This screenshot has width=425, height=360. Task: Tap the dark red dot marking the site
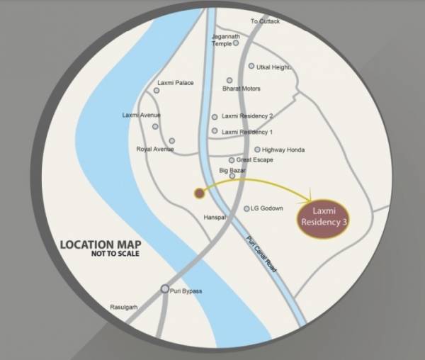tap(199, 192)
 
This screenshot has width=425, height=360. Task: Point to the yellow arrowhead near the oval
tap(311, 198)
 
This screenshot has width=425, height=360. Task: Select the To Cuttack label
tap(266, 22)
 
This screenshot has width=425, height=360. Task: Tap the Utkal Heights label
tap(274, 67)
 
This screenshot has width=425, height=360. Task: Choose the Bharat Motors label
tap(242, 89)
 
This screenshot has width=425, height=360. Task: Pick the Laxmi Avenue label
tap(141, 116)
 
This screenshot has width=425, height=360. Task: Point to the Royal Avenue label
tap(154, 150)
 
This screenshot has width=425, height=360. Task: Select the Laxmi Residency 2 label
tap(247, 116)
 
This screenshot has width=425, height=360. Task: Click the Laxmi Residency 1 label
tap(247, 133)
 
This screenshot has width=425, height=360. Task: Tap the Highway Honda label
tap(283, 150)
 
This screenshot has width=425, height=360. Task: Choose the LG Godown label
tap(266, 208)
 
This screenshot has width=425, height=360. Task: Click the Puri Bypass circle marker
tap(165, 288)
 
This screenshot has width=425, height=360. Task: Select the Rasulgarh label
tap(125, 308)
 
